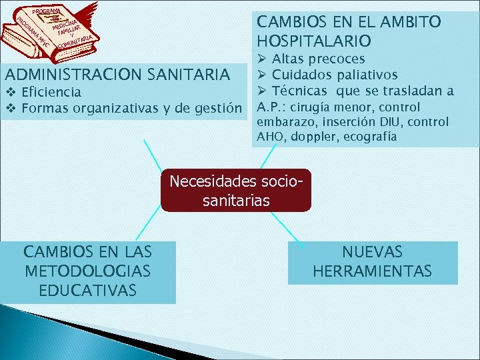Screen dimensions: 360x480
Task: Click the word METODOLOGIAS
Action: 87,271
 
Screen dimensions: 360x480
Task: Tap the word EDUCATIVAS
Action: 87,291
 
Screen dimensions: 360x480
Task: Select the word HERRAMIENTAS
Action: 372,271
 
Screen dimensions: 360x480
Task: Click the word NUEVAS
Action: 372,252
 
